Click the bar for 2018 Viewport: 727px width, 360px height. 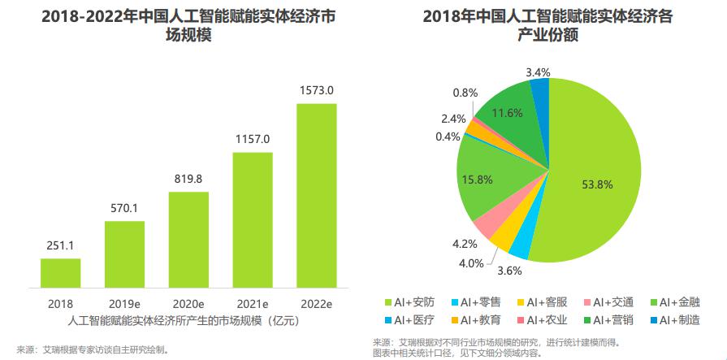[x=61, y=273]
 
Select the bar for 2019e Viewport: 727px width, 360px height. [x=124, y=254]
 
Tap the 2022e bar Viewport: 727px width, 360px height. [x=316, y=195]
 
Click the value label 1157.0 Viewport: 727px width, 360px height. [x=253, y=139]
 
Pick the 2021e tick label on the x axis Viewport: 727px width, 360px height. [x=253, y=304]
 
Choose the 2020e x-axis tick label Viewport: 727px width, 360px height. [x=188, y=304]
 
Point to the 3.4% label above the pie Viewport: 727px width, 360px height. [x=539, y=72]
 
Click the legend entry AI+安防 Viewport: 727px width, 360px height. [x=413, y=303]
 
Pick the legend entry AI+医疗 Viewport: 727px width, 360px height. [x=413, y=320]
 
